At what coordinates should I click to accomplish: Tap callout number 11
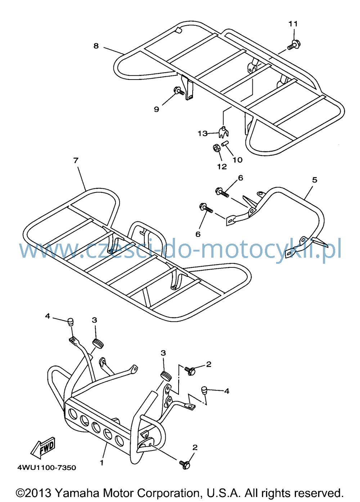pos(293,24)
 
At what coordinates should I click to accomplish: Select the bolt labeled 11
pos(294,45)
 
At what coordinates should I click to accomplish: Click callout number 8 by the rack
pos(96,46)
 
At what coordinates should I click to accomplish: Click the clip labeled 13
pos(224,132)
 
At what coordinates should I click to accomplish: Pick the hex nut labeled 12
pos(216,148)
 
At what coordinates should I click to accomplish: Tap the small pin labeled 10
pos(224,144)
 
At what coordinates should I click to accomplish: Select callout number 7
pos(76,160)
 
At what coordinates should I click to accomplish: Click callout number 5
pos(315,180)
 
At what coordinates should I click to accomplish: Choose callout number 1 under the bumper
pos(102,462)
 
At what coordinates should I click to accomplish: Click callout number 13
pos(203,134)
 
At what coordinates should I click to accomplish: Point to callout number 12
pos(222,167)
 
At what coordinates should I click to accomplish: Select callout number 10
pos(238,160)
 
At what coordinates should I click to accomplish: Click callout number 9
pos(156,109)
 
